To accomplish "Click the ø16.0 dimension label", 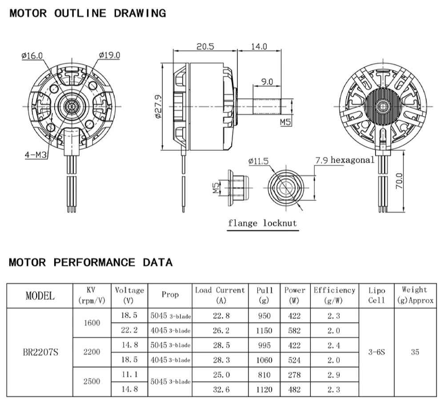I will [32, 56].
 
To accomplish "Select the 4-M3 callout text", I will [36, 155].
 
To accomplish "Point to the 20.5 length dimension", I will [204, 46].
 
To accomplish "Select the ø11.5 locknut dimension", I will [259, 161].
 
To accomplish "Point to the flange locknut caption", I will [262, 223].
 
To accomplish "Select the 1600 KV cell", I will [92, 323].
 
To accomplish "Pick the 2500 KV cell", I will [92, 382].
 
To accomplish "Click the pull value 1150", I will [265, 330].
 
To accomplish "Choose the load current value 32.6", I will [221, 390].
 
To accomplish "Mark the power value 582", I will [294, 330].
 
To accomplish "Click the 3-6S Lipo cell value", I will [377, 352].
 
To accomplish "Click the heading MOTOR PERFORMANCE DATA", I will [91, 262].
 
